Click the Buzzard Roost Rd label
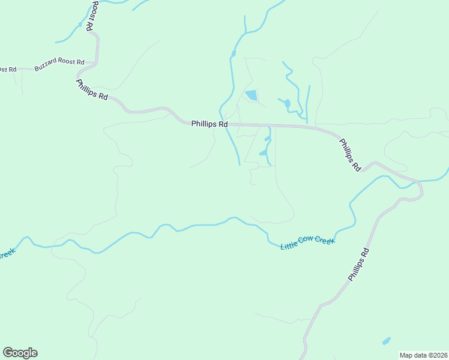(x=59, y=65)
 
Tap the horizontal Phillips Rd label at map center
(x=209, y=124)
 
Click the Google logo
(x=20, y=353)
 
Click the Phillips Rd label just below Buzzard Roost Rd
(x=92, y=90)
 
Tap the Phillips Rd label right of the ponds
(x=349, y=155)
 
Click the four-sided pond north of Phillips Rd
(x=252, y=95)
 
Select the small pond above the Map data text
(x=386, y=341)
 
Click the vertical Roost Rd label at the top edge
(x=92, y=16)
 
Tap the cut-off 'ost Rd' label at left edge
(x=8, y=70)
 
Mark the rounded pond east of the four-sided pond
(x=287, y=103)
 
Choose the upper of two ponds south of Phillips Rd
(x=268, y=139)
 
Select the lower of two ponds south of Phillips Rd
(x=263, y=153)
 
